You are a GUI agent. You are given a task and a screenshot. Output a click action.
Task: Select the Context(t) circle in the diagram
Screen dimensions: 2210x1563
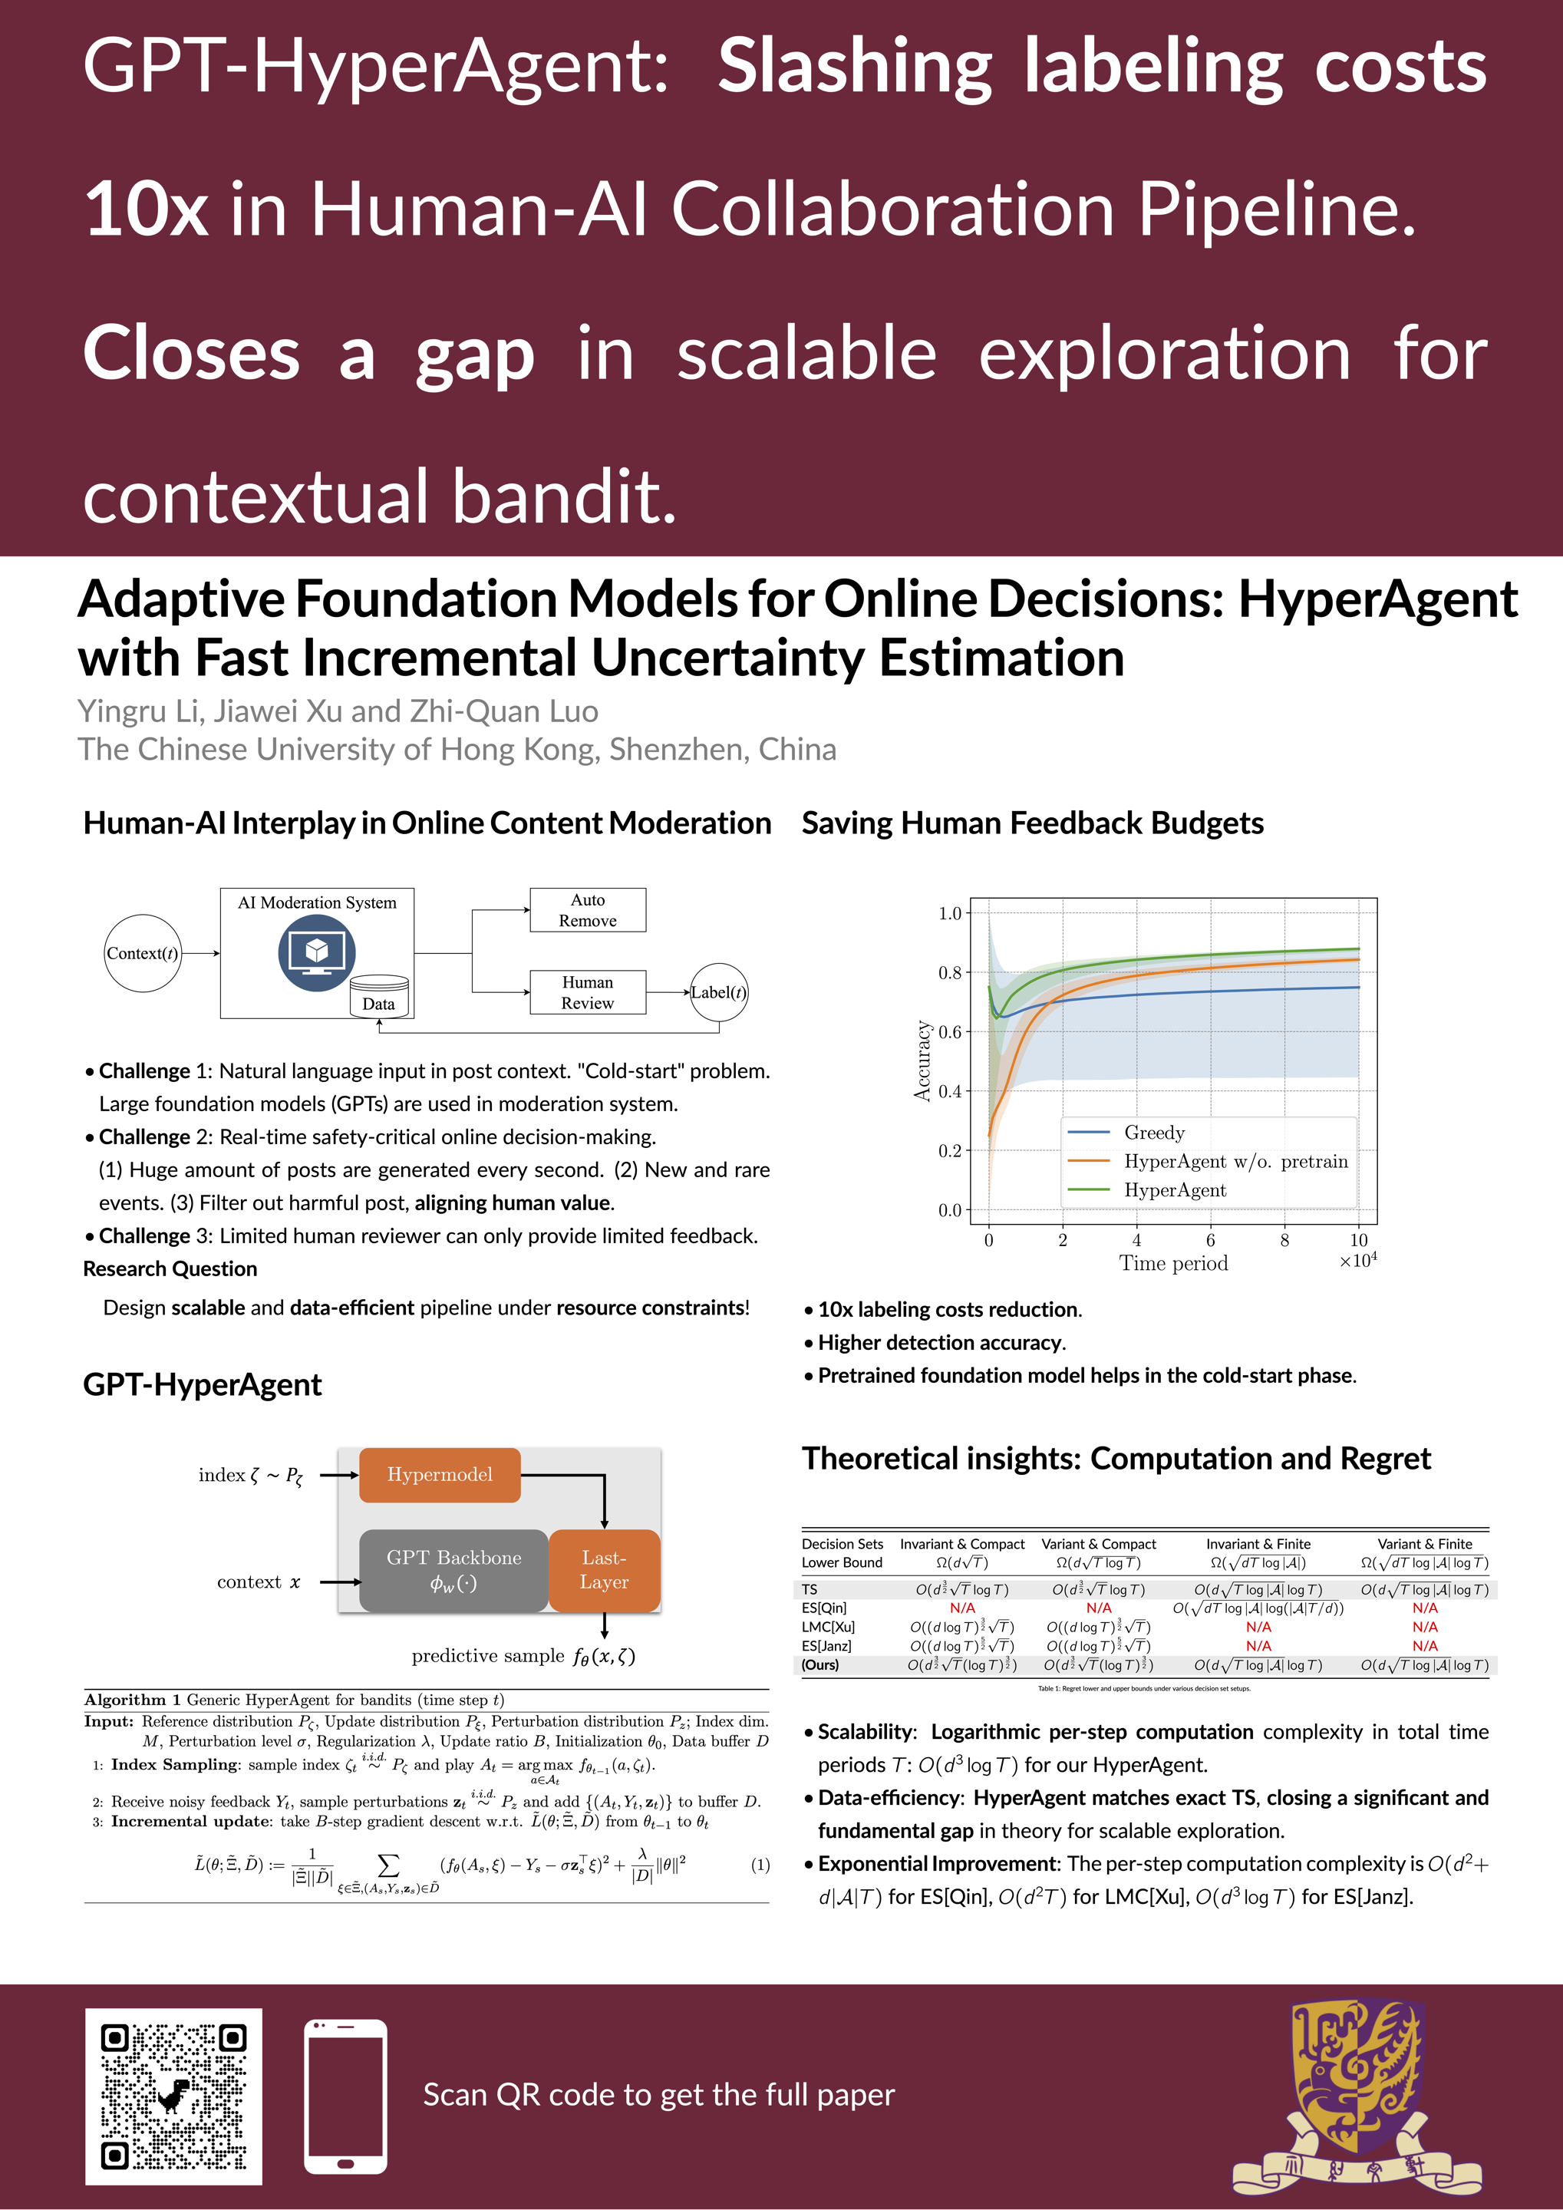143,953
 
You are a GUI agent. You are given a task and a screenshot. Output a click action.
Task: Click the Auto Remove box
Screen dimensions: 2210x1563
587,909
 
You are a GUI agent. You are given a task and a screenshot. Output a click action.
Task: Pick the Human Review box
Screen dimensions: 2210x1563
587,992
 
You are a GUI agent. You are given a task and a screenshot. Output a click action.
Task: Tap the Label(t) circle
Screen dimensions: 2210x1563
718,992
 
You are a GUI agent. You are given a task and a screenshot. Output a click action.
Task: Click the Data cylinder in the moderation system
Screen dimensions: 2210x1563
378,996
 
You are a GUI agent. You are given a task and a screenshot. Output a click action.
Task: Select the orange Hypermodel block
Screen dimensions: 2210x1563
439,1475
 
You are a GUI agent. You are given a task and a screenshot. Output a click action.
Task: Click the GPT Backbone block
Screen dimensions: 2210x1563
453,1570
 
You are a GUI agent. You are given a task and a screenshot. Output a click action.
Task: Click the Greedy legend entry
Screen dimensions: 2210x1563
1154,1132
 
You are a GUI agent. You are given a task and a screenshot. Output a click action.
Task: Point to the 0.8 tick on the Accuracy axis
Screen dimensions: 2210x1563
950,972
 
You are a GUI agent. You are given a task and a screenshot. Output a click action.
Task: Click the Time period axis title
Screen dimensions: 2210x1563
1173,1263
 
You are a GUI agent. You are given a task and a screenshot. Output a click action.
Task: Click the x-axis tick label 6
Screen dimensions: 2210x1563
1210,1240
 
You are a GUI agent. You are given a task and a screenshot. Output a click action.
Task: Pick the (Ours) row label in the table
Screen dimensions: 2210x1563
820,1664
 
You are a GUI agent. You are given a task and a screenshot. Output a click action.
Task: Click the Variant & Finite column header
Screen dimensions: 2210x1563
1424,1543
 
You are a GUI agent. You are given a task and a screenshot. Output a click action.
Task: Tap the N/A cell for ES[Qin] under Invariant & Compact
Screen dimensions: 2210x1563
961,1608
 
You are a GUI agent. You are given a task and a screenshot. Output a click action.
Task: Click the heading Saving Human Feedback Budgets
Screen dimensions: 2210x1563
1032,823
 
